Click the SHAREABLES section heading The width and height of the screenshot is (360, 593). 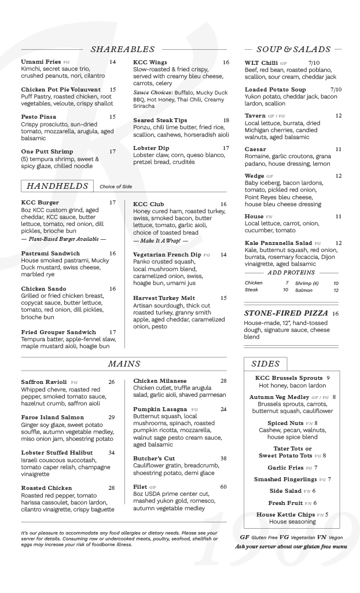(x=122, y=49)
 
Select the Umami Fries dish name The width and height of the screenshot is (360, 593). (x=41, y=62)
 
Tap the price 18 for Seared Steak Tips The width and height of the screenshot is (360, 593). (x=226, y=120)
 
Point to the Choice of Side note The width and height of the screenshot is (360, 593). (x=116, y=186)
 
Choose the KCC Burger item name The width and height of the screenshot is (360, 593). (x=40, y=203)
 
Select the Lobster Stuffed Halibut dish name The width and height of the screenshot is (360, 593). (x=57, y=452)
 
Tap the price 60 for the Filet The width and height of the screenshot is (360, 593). (x=223, y=487)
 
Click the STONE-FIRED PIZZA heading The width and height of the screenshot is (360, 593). (x=286, y=313)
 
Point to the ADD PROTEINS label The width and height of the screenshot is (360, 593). (x=291, y=272)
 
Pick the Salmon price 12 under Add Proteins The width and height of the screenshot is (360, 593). (x=336, y=290)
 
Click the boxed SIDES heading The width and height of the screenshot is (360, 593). (x=266, y=364)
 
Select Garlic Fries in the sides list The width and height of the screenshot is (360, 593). (x=285, y=467)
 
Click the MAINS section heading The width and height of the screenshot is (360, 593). (x=124, y=364)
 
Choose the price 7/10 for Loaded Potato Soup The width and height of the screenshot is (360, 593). (x=336, y=90)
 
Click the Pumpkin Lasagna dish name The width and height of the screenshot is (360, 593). (x=160, y=409)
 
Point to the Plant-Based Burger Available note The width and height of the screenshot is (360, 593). (x=64, y=239)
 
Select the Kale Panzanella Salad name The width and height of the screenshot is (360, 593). (x=278, y=243)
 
